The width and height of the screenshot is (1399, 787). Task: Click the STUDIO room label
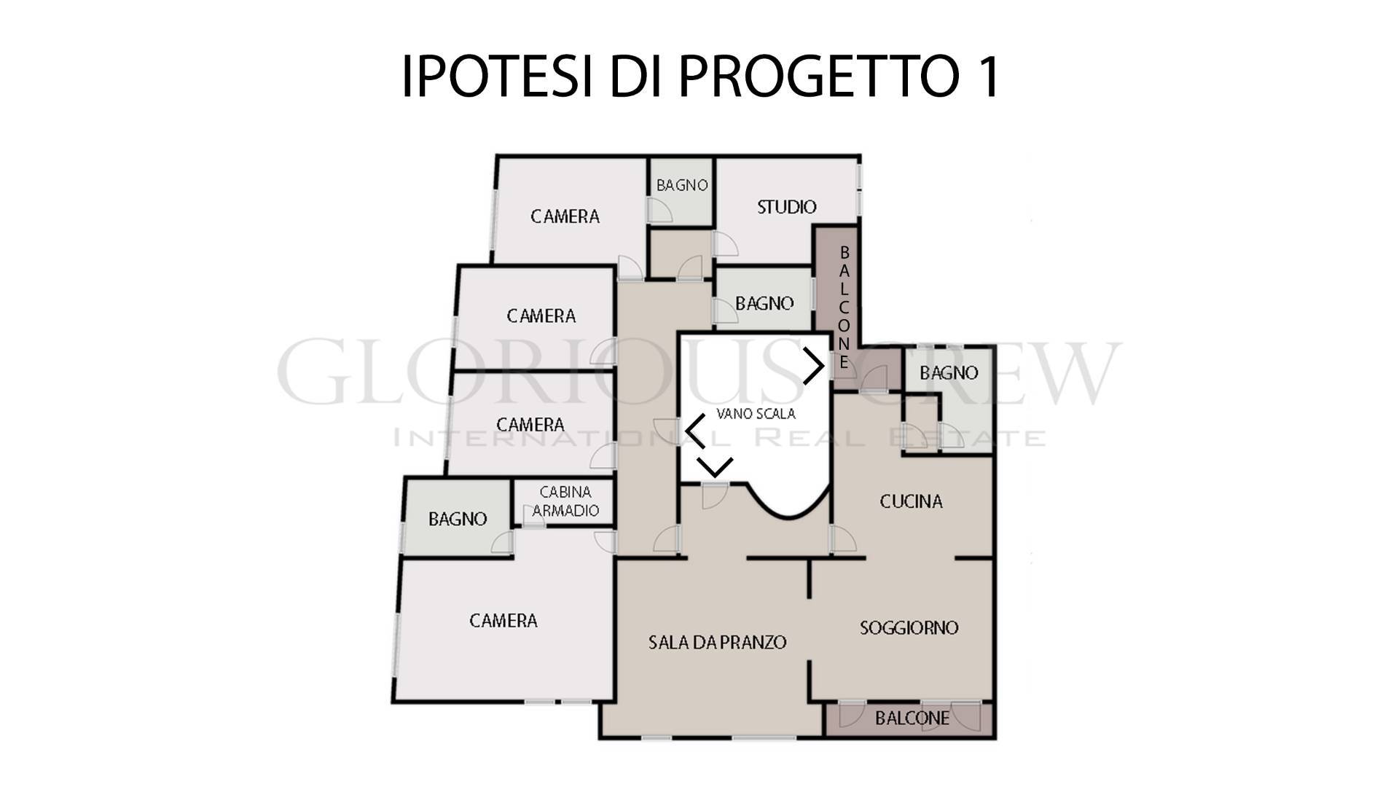tap(786, 207)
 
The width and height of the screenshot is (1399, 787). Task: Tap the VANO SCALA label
tap(756, 414)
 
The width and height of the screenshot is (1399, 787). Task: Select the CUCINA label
tap(911, 501)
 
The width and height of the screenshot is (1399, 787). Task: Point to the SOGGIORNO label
tap(909, 627)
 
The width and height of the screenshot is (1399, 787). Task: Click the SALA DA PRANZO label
tap(717, 642)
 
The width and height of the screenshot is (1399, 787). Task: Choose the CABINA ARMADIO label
tap(565, 501)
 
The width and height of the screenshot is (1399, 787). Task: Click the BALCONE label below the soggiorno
tap(912, 719)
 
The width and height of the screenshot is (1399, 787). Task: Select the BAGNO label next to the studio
tap(682, 185)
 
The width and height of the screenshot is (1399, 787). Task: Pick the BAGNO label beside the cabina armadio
tap(458, 519)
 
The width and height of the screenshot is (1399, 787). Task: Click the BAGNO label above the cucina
tap(949, 373)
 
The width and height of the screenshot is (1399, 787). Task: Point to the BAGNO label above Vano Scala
tap(764, 303)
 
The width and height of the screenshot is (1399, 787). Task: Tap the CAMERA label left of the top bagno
tap(565, 216)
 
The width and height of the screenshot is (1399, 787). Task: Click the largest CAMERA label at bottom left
tap(503, 621)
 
